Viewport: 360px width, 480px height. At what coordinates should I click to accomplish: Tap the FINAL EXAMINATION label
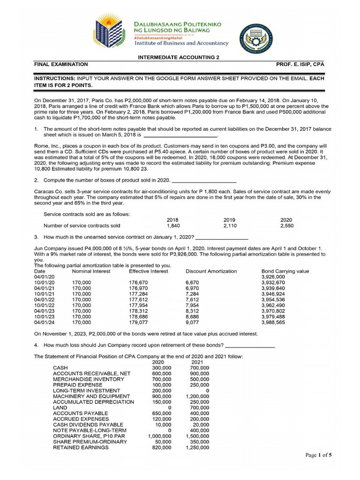(61, 64)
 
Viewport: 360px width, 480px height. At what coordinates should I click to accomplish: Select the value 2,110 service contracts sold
(229, 225)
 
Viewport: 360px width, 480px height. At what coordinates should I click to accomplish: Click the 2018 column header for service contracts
(172, 219)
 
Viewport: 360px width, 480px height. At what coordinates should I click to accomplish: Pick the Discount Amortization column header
(211, 271)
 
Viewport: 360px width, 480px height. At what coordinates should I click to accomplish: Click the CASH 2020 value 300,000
(162, 367)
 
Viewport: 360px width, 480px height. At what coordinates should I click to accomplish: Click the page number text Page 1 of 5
(318, 455)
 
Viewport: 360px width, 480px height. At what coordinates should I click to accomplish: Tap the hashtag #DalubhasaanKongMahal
(160, 37)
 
